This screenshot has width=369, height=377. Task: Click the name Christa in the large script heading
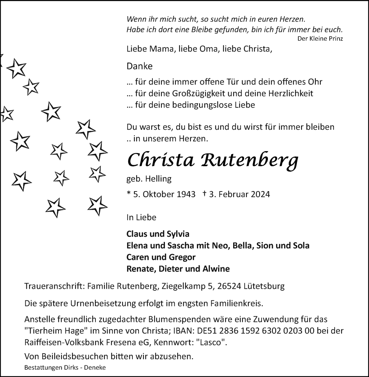[x=161, y=160]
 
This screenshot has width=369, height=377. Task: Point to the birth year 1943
[x=185, y=194]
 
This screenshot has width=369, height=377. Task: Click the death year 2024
[x=260, y=194]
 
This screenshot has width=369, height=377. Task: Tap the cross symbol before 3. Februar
[x=204, y=194]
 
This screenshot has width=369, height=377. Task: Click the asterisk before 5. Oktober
[x=129, y=193]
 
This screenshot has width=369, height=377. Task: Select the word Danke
[x=140, y=66]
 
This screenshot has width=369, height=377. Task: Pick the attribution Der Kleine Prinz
[x=320, y=38]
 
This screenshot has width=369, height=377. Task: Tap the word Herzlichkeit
[x=289, y=93]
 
